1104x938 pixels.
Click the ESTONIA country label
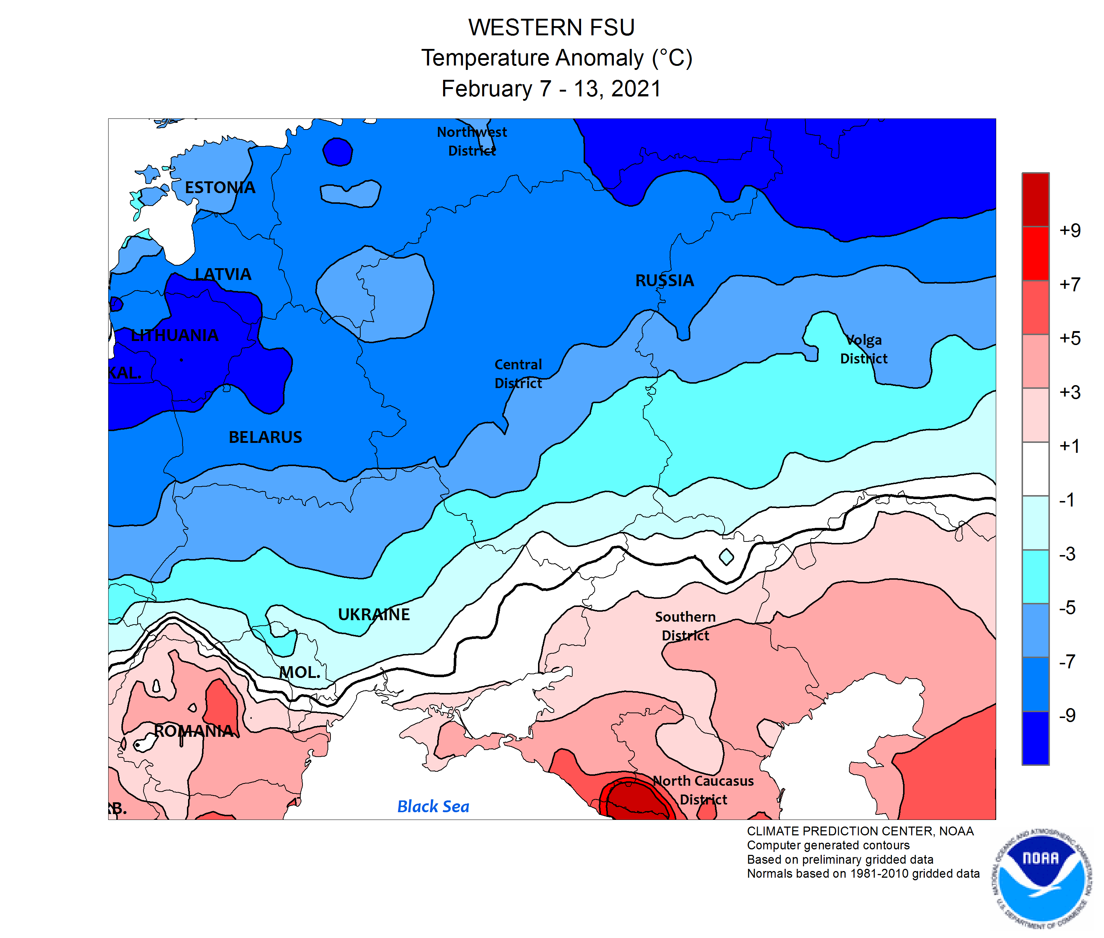coord(220,187)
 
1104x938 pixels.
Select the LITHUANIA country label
coord(174,335)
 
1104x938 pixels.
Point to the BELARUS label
coord(265,437)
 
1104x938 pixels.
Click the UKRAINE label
coord(374,614)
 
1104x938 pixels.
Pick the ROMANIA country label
coord(194,731)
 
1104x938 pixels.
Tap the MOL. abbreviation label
coord(300,672)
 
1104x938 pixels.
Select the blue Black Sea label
coord(433,806)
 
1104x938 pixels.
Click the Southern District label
coord(685,626)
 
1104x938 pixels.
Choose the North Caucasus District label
coord(703,790)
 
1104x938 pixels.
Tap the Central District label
coord(518,373)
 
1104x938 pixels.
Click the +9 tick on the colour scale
coord(1069,230)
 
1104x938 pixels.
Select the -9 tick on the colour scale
coord(1067,715)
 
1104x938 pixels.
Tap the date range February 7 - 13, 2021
coord(551,88)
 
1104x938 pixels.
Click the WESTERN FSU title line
coord(551,27)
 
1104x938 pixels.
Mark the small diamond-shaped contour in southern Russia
coord(726,557)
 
